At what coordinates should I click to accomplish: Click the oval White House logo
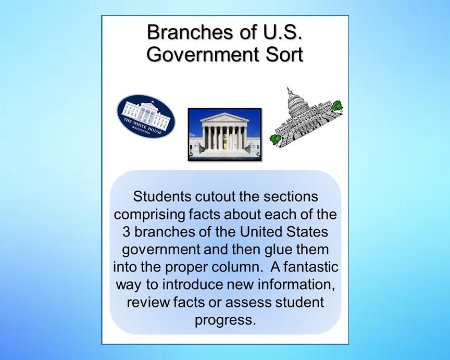(x=145, y=116)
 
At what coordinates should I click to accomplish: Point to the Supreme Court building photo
(x=224, y=134)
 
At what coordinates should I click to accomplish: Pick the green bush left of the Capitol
(x=276, y=139)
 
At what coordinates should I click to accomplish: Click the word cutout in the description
(x=218, y=197)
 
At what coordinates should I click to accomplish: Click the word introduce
(x=193, y=284)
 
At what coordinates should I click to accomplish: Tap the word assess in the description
(x=252, y=302)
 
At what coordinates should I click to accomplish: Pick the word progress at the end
(x=225, y=319)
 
